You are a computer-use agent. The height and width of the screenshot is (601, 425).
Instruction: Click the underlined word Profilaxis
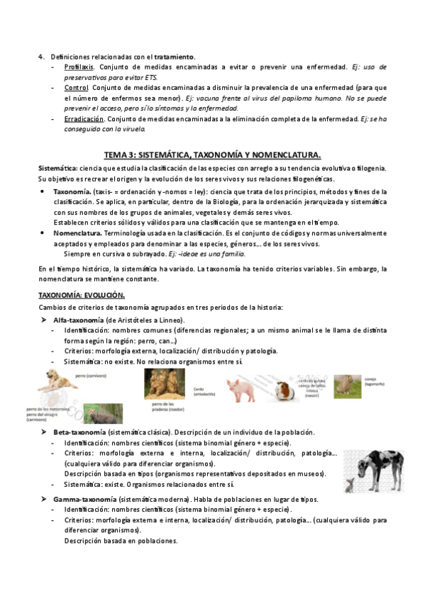coord(79,67)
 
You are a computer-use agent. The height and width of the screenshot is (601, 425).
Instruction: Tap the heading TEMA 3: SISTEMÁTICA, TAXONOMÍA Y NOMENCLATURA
coord(212,155)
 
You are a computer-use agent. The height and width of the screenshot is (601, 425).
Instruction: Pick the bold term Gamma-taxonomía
coord(84,499)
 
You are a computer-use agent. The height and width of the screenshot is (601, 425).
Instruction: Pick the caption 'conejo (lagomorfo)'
coord(375,380)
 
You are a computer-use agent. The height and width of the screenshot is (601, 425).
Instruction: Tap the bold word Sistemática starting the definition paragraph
coord(57,167)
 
